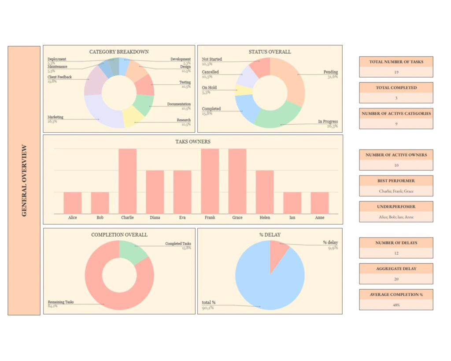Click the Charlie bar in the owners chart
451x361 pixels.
(127, 181)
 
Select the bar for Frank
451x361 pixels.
(210, 181)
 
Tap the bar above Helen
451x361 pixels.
(265, 192)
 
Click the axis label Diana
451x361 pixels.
(155, 217)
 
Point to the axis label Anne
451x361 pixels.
(319, 217)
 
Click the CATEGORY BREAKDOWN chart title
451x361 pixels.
(119, 52)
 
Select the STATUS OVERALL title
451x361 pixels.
(270, 52)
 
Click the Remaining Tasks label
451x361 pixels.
(61, 302)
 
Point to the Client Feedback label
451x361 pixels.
(59, 77)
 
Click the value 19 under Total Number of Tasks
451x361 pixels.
(396, 72)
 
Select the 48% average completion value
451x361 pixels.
(396, 305)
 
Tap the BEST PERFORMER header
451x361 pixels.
(396, 181)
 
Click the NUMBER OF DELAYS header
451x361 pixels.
(396, 243)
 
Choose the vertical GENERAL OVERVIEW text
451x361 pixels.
(24, 181)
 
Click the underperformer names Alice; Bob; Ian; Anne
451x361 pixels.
(396, 217)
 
